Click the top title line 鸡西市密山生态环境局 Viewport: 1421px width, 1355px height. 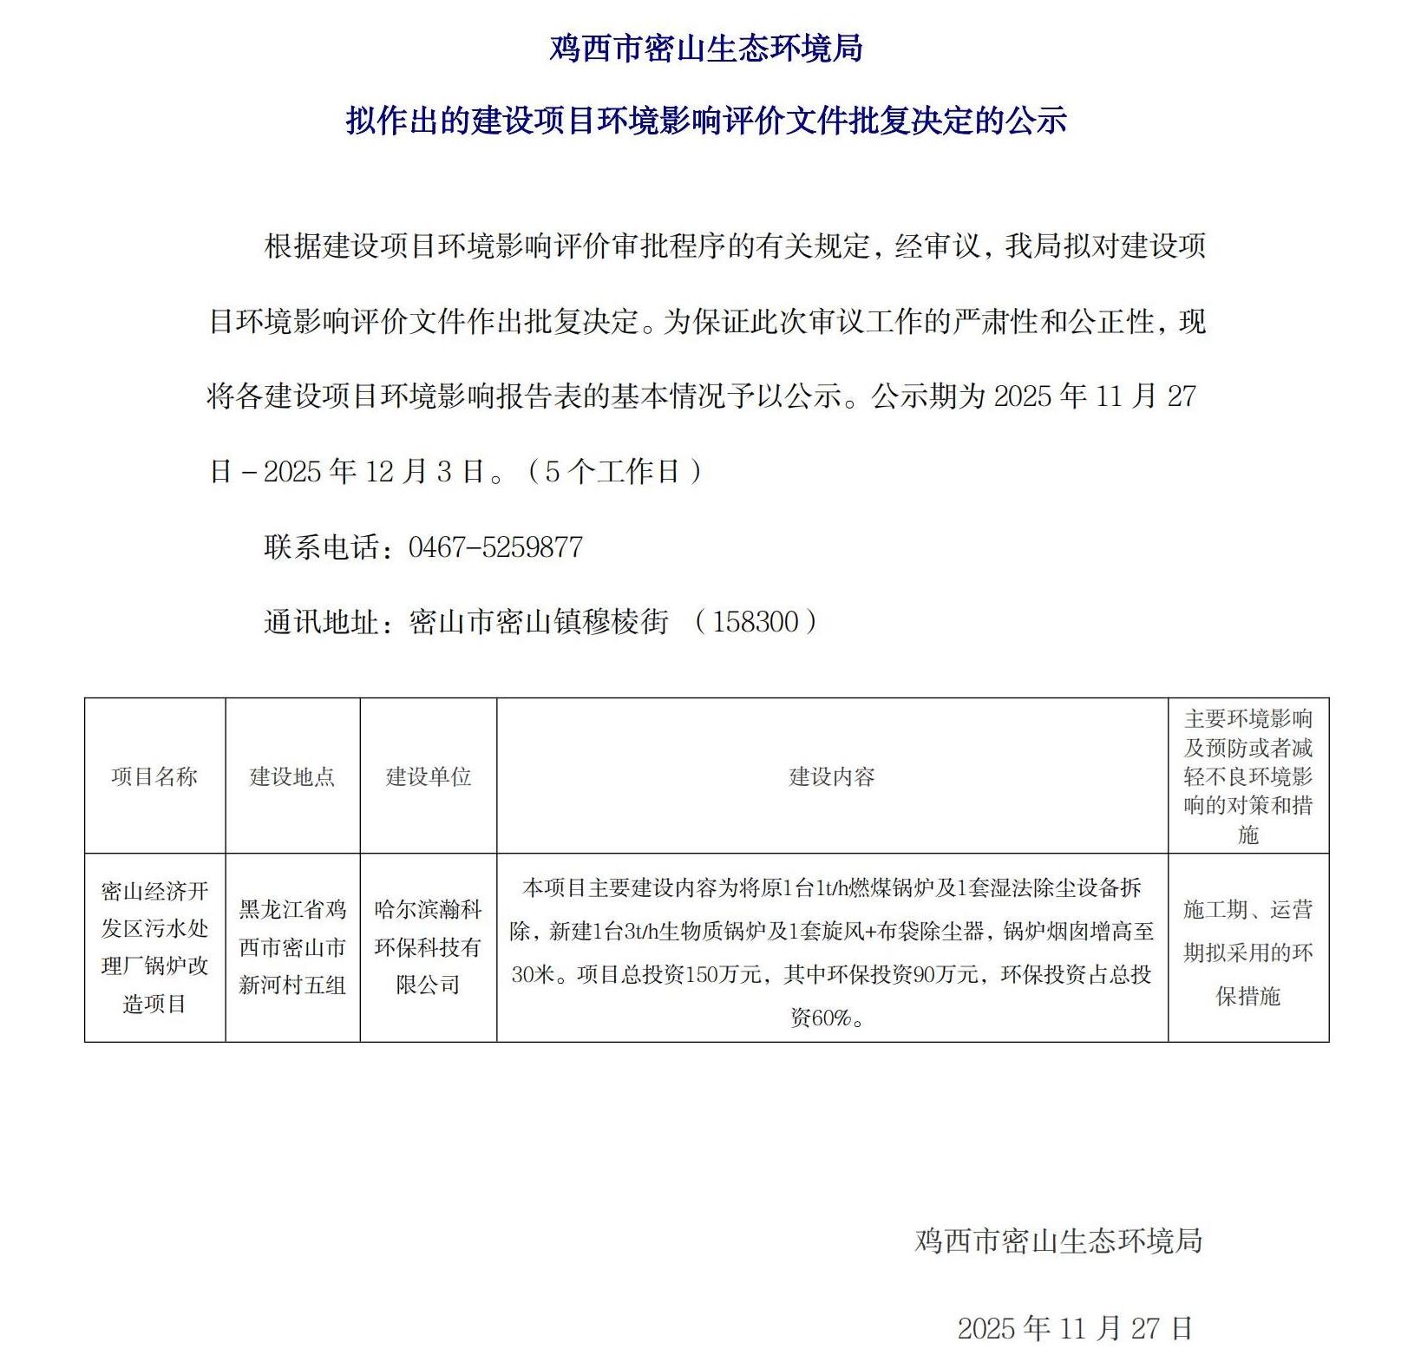click(706, 49)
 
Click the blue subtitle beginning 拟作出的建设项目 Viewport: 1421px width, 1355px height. click(706, 121)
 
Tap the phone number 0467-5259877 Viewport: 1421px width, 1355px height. click(495, 547)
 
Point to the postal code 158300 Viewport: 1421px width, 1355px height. click(755, 622)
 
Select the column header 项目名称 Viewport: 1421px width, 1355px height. click(154, 776)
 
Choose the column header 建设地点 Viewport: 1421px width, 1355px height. click(292, 776)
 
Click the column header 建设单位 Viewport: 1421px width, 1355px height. click(429, 776)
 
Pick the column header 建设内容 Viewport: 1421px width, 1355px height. click(832, 776)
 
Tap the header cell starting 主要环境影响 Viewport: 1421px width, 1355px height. click(1247, 776)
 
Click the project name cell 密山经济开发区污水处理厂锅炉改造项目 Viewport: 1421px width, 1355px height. click(154, 947)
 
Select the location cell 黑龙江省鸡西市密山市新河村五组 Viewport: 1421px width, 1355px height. click(292, 947)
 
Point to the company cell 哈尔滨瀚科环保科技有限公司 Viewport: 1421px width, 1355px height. click(429, 947)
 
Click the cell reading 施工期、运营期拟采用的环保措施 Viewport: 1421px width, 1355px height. click(1247, 952)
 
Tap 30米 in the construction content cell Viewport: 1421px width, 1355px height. click(532, 975)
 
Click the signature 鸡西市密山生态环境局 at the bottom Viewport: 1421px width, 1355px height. click(1058, 1240)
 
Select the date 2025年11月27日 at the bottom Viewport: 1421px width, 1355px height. click(1075, 1327)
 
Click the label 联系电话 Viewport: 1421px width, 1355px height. click(322, 547)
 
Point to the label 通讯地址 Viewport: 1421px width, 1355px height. click(322, 622)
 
